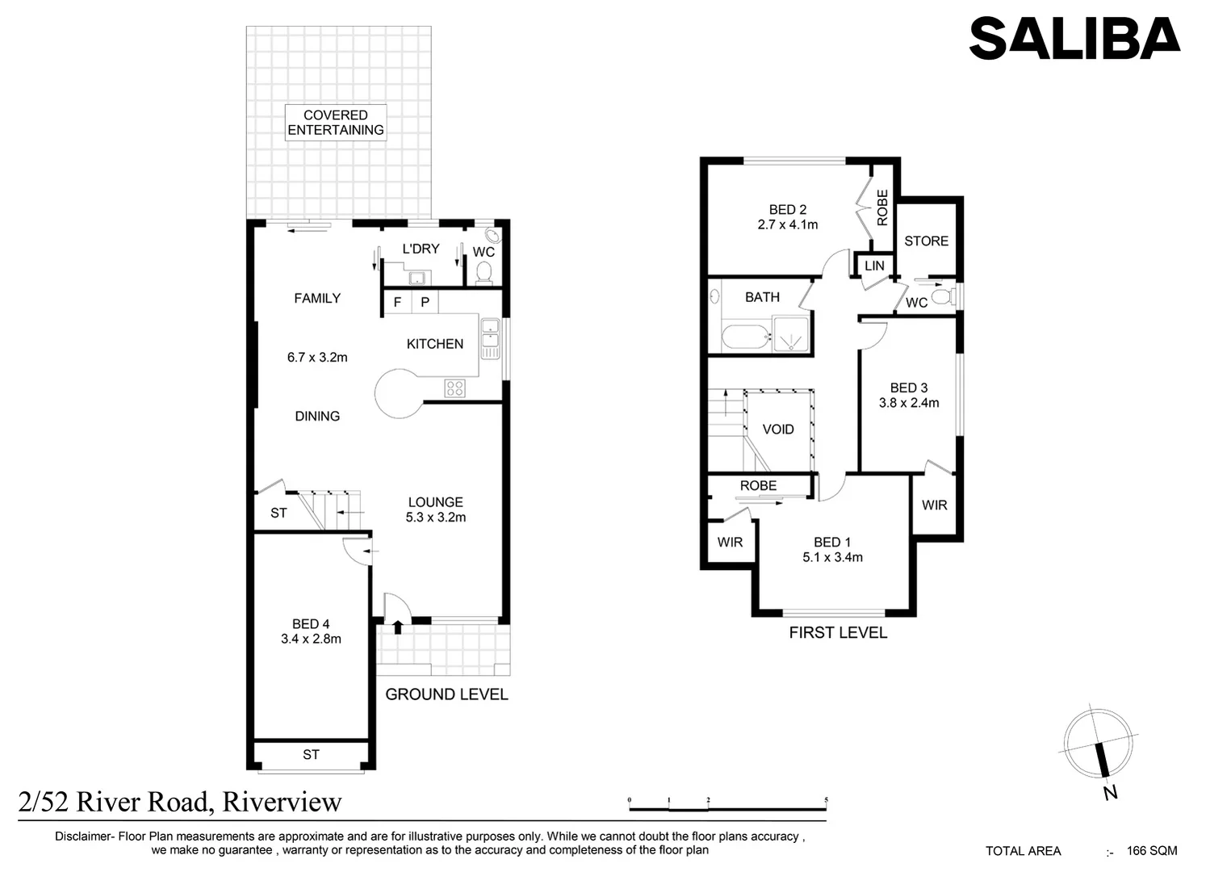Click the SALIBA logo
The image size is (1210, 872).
pos(1074,39)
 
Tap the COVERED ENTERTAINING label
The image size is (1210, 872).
pos(336,123)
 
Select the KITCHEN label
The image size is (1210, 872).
pos(434,344)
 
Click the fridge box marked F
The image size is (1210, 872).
pos(397,303)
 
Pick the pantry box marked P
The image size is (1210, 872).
pos(425,303)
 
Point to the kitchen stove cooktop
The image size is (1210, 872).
pos(454,388)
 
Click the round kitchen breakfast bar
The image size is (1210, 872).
pos(399,393)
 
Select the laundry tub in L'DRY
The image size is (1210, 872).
pos(417,279)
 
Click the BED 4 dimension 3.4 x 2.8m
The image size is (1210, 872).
pos(311,639)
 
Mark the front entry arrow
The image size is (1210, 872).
pos(397,627)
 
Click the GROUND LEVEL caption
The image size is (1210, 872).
pos(446,694)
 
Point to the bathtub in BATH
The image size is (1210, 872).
pos(745,337)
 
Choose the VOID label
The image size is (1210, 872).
pos(778,430)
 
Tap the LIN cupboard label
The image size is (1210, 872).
pos(874,266)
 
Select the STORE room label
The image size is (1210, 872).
pos(926,241)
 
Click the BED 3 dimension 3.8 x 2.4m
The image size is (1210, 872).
pos(909,403)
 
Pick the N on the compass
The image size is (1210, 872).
pos(1110,793)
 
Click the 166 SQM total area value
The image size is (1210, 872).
pos(1152,851)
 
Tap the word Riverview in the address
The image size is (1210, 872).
pos(282,802)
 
